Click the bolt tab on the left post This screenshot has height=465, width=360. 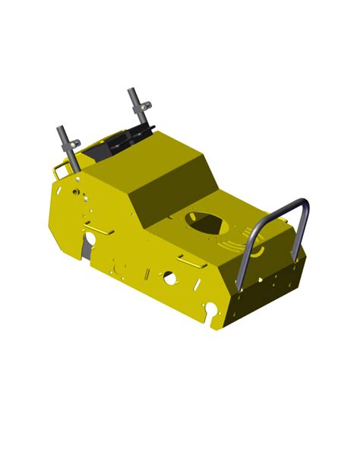click(x=76, y=141)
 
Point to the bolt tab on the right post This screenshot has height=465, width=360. click(x=147, y=104)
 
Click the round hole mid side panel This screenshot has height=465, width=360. click(x=169, y=279)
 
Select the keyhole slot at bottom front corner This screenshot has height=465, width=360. click(x=213, y=308)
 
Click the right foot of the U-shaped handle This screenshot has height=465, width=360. click(x=298, y=251)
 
